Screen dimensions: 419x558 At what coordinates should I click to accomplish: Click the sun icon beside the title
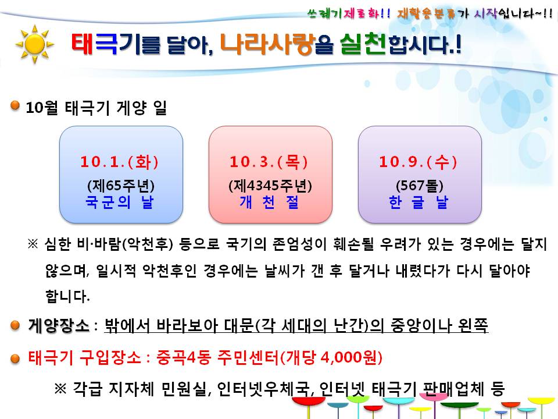[x=34, y=44]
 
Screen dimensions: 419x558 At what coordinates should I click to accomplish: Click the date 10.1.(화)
[x=120, y=162]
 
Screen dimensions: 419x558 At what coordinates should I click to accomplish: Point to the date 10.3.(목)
[x=270, y=162]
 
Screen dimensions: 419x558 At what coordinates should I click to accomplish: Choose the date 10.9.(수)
[x=419, y=162]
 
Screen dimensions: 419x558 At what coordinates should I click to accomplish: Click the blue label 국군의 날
[x=120, y=202]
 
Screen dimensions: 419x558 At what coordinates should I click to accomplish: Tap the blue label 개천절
[x=270, y=202]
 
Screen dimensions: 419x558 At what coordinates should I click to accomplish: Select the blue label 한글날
[x=419, y=202]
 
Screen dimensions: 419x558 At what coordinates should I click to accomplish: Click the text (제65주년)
[x=120, y=186]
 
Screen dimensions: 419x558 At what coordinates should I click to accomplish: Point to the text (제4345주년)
[x=270, y=186]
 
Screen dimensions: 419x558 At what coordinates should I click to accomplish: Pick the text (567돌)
[x=419, y=186]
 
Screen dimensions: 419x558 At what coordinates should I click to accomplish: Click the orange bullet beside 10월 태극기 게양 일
[x=15, y=106]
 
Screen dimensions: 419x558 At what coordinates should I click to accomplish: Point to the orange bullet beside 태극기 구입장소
[x=15, y=356]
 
